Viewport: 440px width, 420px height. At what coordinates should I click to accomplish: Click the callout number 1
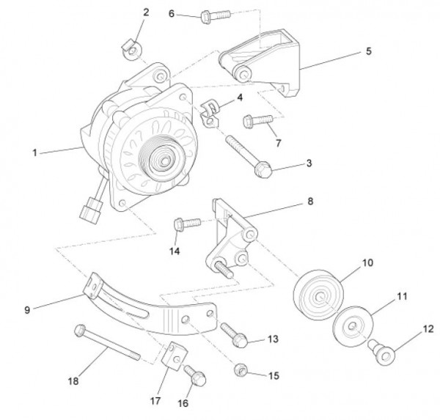34,153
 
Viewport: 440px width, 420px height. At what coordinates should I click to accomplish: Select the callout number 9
28,310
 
